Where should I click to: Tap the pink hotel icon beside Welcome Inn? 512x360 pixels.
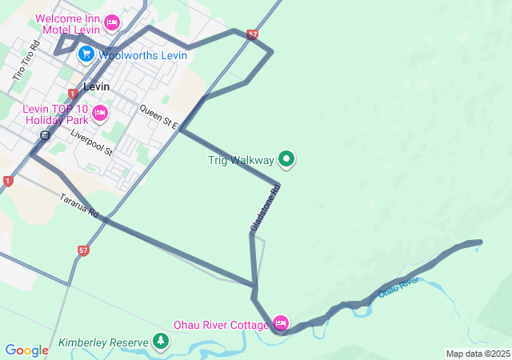[x=112, y=22]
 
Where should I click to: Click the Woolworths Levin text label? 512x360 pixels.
[x=142, y=55]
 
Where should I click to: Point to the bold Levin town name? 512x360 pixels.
[x=96, y=86]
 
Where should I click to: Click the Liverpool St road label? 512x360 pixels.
[x=92, y=142]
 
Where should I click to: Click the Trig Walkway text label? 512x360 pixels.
[x=240, y=160]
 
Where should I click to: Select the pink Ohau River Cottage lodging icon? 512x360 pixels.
[x=280, y=323]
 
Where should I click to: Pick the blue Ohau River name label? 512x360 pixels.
[x=398, y=287]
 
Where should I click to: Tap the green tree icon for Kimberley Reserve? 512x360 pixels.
[x=161, y=342]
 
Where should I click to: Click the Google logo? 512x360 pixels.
[x=26, y=350]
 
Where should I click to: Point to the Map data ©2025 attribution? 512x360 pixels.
[x=478, y=354]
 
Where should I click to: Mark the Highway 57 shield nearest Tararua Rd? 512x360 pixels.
[x=84, y=250]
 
